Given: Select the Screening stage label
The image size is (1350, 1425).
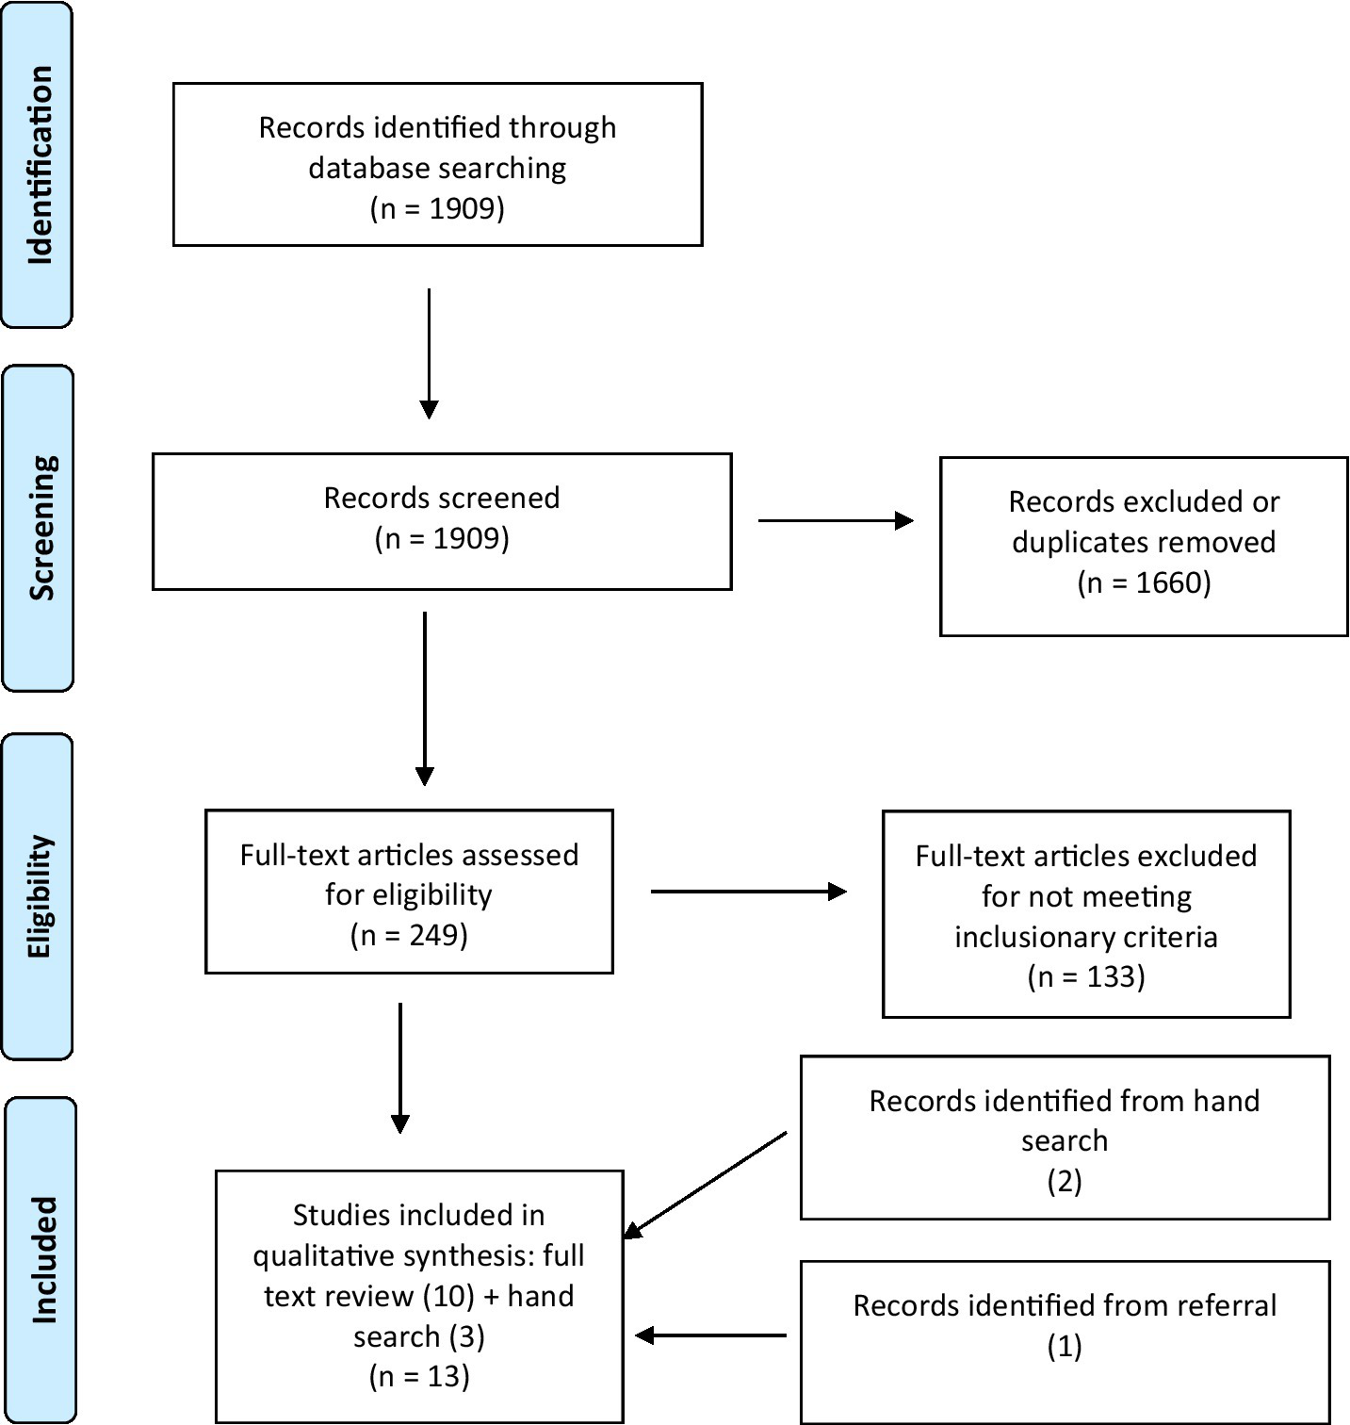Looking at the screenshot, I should tap(40, 528).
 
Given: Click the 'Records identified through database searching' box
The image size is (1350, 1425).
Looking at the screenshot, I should tap(437, 165).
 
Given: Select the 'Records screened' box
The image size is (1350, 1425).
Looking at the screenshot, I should tap(441, 521).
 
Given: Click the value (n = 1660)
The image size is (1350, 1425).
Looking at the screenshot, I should tap(1144, 582).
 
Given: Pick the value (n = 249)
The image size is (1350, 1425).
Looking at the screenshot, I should tap(409, 935).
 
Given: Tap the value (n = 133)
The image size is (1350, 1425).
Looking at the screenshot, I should tap(1085, 976).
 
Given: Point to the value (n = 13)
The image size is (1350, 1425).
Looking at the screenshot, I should tap(418, 1376).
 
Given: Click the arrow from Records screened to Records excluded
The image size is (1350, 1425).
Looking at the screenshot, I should tap(836, 520).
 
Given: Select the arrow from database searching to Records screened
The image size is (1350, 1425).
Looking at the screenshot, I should tap(429, 353).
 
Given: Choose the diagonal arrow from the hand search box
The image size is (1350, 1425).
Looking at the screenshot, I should tap(706, 1185).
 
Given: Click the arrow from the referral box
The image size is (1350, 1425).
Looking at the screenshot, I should tap(711, 1335).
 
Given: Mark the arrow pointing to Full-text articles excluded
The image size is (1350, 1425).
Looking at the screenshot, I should tap(749, 892).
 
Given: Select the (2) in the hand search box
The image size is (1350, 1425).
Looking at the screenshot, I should tap(1065, 1181).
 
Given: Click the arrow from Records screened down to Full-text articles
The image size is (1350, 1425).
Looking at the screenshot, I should tap(425, 698).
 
